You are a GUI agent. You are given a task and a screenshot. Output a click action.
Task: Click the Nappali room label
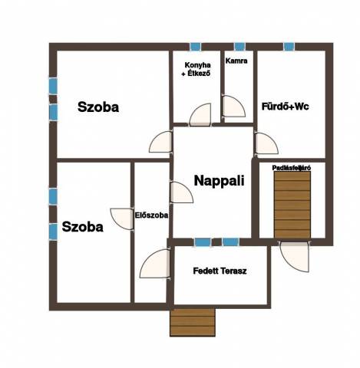[x=219, y=181]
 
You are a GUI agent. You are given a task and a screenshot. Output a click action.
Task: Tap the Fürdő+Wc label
[x=285, y=107]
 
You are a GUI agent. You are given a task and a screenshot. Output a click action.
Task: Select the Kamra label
[x=236, y=61]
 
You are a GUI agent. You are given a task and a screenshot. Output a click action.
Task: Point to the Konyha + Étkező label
[x=197, y=69]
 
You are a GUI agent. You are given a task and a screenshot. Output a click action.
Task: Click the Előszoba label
[x=151, y=215]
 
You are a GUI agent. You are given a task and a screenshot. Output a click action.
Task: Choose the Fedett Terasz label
[x=220, y=271]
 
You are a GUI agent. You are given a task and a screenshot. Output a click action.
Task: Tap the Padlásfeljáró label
[x=292, y=168]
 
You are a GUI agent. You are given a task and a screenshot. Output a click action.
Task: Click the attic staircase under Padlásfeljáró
[x=292, y=205]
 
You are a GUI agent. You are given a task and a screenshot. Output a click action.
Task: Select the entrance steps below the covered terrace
[x=193, y=322]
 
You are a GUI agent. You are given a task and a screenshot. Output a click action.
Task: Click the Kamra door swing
[x=233, y=107]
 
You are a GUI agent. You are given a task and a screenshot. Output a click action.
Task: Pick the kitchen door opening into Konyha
[x=200, y=114]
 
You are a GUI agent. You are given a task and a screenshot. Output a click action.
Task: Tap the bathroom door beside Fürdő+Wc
[x=266, y=143]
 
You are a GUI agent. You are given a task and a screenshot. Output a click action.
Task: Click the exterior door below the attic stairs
[x=295, y=257]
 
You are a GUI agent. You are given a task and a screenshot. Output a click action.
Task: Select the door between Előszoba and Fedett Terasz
[x=155, y=264]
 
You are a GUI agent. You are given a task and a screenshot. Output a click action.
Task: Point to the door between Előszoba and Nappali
[x=181, y=192]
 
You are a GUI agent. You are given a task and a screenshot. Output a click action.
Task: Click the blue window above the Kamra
[x=239, y=47]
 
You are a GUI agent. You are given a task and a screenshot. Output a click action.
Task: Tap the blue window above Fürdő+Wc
[x=289, y=47]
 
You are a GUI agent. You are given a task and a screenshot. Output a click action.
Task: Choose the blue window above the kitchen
[x=196, y=47]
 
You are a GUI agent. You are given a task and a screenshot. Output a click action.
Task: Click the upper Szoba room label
[x=98, y=107]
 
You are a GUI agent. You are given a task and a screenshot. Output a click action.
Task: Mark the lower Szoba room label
[x=83, y=227]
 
